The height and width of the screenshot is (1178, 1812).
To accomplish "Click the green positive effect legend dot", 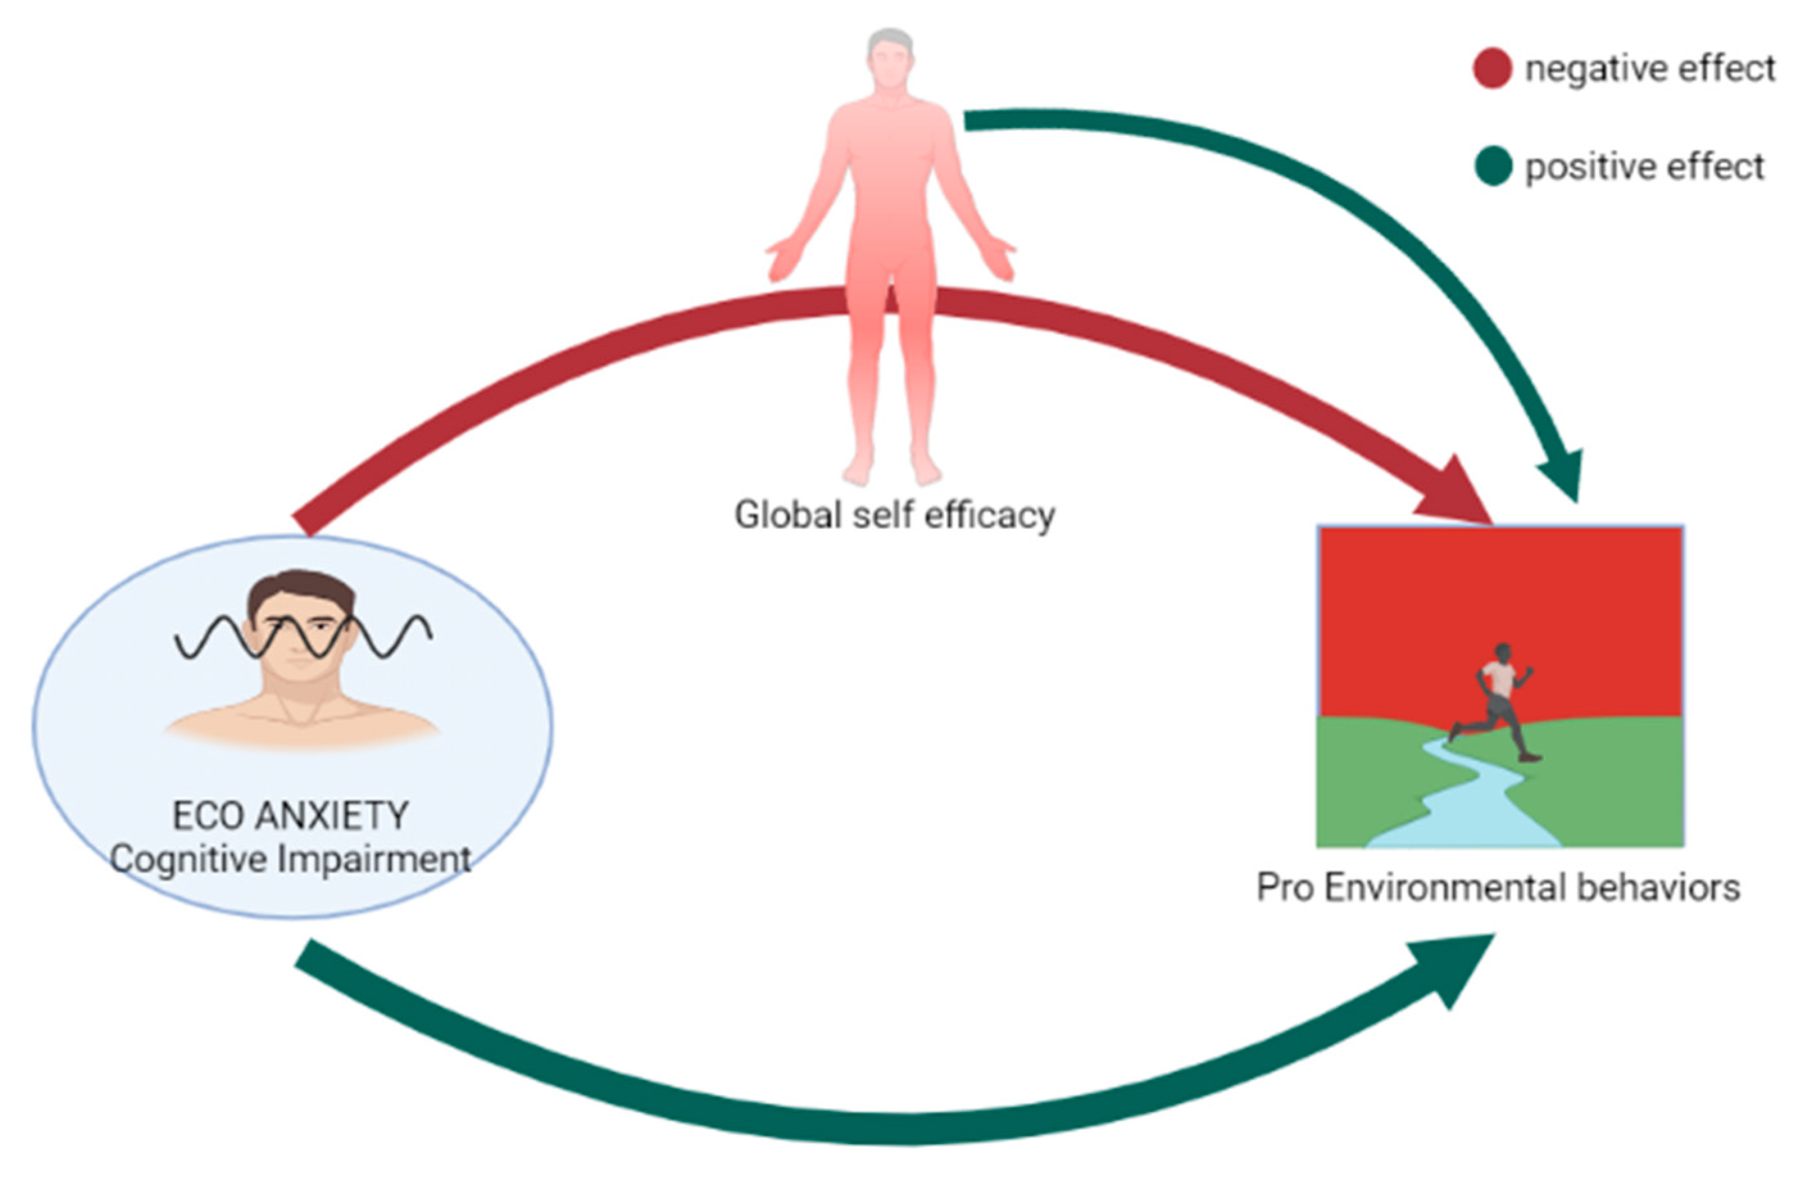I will click(1492, 166).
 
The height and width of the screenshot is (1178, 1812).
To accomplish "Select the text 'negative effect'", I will click(1650, 69).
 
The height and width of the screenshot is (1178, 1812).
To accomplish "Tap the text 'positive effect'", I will click(1645, 167).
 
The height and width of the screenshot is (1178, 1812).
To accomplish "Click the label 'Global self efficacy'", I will click(894, 516).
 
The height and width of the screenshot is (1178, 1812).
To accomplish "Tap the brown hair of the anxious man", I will click(301, 590).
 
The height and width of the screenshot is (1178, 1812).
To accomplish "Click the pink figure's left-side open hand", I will click(784, 259).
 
